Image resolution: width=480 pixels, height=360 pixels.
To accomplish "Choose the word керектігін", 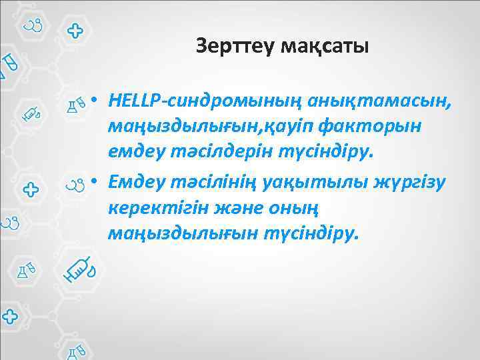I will pyautogui.click(x=155, y=207).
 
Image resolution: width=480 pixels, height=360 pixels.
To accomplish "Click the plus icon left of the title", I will pyautogui.click(x=75, y=31).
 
